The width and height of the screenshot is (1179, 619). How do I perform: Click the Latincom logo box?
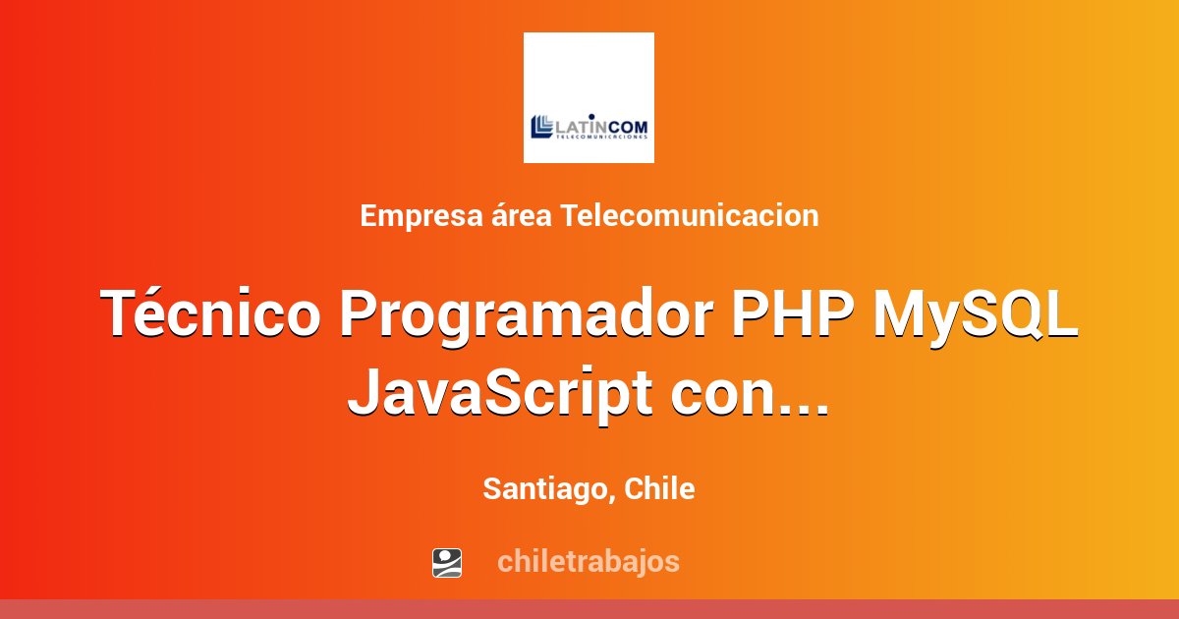point(589,97)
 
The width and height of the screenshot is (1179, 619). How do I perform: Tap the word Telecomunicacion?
point(690,215)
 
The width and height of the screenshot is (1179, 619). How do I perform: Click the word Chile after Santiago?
point(660,488)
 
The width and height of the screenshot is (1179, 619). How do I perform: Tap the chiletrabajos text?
point(588,562)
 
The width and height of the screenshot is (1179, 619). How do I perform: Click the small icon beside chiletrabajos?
point(447,562)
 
